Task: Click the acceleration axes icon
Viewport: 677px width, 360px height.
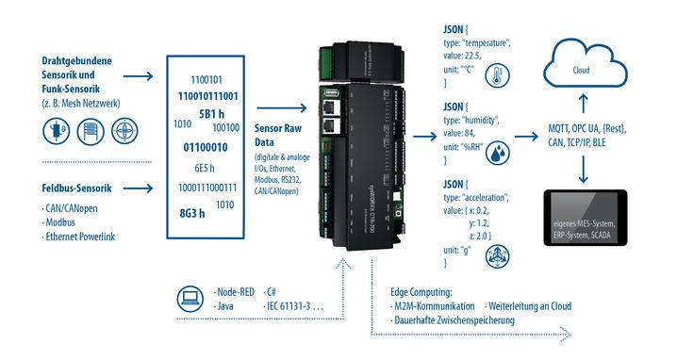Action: tap(490, 255)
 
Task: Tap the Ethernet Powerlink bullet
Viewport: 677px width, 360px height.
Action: tap(80, 237)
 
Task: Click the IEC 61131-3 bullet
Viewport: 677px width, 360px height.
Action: tap(296, 307)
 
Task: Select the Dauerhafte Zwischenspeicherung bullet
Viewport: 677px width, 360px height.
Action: tap(449, 320)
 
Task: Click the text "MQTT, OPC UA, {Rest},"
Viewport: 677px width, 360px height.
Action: tap(586, 128)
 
